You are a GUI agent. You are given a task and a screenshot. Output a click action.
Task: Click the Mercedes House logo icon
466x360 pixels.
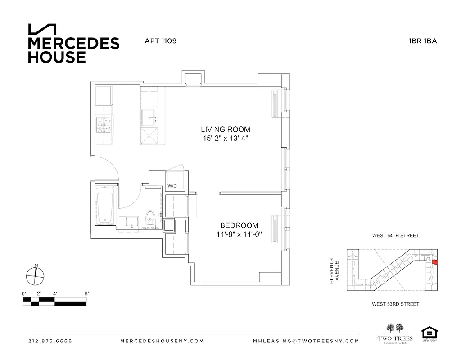point(42,29)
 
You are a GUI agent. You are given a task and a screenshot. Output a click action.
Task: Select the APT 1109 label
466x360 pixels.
point(160,40)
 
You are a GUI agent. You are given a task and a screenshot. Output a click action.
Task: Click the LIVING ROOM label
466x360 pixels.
point(226,130)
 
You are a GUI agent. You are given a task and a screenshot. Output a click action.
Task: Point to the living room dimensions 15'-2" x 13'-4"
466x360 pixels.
point(226,139)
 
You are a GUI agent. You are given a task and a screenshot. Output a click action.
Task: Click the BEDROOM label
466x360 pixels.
point(239,225)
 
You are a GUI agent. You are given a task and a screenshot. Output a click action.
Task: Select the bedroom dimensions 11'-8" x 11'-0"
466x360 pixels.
point(239,234)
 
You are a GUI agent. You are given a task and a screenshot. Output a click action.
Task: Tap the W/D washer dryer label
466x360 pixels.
point(172,185)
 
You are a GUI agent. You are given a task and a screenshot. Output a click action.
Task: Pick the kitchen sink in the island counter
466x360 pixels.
point(149,119)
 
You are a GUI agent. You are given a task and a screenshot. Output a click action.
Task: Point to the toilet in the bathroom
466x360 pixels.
point(151,217)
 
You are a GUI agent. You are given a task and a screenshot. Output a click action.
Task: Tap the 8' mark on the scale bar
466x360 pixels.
point(86,293)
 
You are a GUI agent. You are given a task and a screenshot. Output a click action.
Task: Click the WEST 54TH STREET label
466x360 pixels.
point(395,235)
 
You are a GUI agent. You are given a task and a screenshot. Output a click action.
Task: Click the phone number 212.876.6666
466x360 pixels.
point(50,341)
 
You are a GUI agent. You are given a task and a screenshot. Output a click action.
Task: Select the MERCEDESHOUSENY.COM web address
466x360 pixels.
point(162,341)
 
